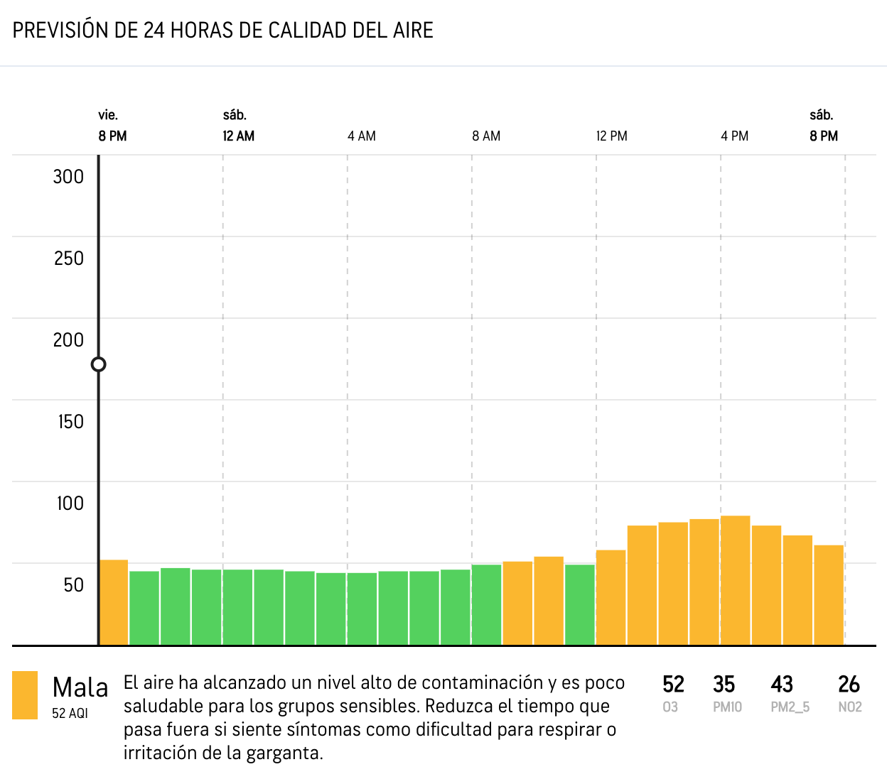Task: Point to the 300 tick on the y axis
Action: pyautogui.click(x=68, y=177)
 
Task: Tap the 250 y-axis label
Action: pyautogui.click(x=68, y=258)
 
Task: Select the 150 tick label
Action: pyautogui.click(x=70, y=422)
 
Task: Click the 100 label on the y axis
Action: pyautogui.click(x=70, y=503)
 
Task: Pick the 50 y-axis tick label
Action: pyautogui.click(x=73, y=585)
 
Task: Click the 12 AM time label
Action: pyautogui.click(x=238, y=136)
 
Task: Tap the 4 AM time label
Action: pyautogui.click(x=361, y=136)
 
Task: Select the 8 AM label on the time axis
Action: pyautogui.click(x=486, y=136)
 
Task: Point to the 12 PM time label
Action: pyautogui.click(x=611, y=136)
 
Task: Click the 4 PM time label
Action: pyautogui.click(x=734, y=136)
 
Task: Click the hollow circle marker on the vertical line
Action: pyautogui.click(x=99, y=364)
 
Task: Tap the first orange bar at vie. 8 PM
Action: pyautogui.click(x=114, y=602)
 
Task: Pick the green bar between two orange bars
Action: pyautogui.click(x=580, y=604)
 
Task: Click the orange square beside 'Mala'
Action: pyautogui.click(x=25, y=695)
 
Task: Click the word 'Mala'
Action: pyautogui.click(x=80, y=687)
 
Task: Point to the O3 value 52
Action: pyautogui.click(x=673, y=684)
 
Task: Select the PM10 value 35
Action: pyautogui.click(x=724, y=684)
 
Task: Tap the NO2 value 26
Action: pyautogui.click(x=849, y=684)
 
